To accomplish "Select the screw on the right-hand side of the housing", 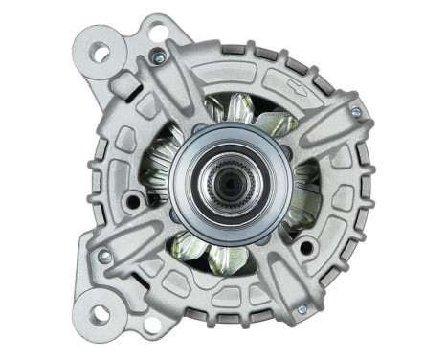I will pos(356,112).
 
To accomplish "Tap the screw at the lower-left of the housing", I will pos(104,256).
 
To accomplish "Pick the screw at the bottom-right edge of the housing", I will pos(302,308).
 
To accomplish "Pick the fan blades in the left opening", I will pos(158,172).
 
